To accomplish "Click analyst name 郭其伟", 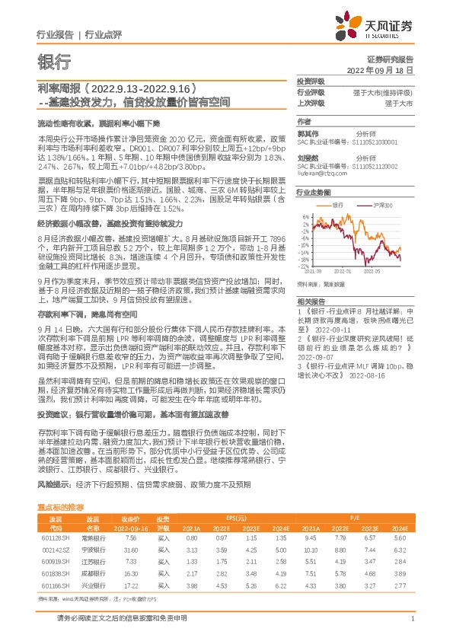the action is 307,132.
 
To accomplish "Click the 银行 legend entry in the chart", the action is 338,206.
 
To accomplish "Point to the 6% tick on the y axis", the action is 305,216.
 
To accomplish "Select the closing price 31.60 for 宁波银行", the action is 130,549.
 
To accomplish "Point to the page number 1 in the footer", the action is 412,618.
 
